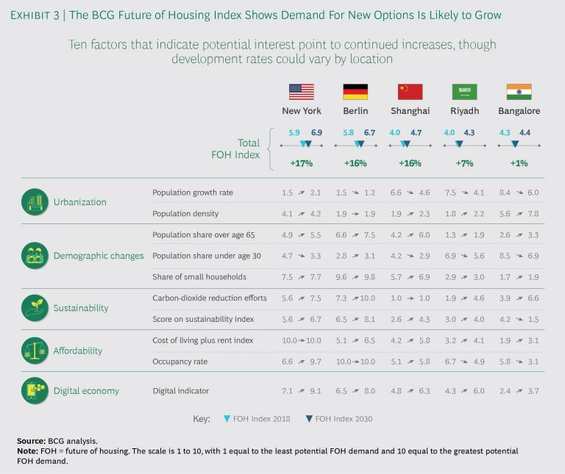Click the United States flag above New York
[301, 92]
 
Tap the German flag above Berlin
[355, 92]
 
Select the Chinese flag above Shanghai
[410, 92]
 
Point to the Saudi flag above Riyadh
[464, 92]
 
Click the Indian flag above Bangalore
[519, 92]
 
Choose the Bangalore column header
[519, 111]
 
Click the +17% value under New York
[301, 163]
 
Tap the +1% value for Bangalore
[519, 163]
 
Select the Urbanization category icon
[34, 202]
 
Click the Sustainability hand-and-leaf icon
[34, 308]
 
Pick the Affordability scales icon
[34, 351]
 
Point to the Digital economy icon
[34, 391]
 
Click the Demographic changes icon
[34, 256]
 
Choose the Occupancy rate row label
[180, 362]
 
